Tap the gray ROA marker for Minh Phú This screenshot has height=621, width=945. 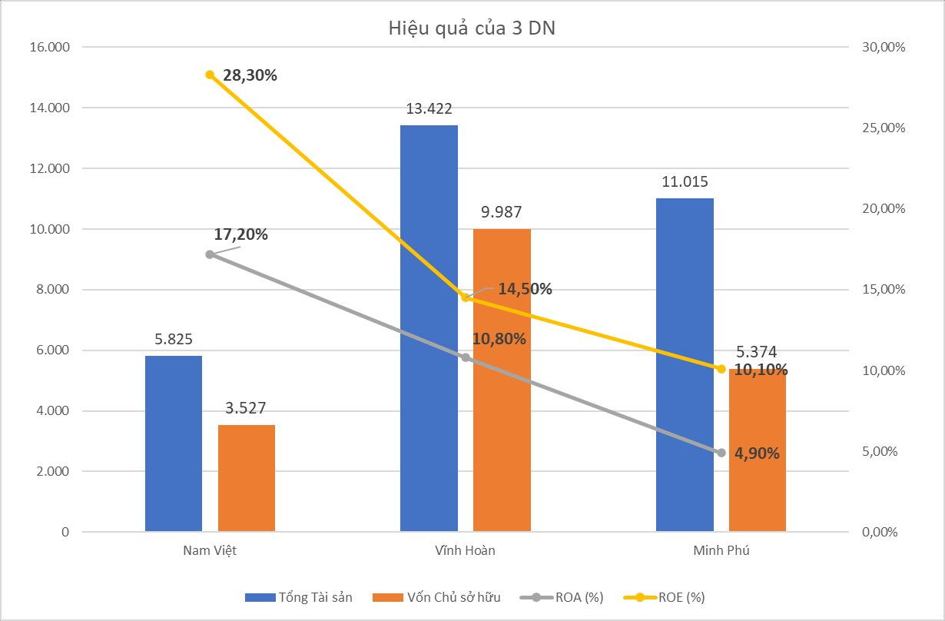(721, 453)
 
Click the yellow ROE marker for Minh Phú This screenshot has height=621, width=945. (721, 369)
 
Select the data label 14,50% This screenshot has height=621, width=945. (525, 290)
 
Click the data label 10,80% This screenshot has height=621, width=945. (499, 338)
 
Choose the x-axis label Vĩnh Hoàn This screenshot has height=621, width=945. (465, 551)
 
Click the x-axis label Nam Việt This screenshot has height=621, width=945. (209, 551)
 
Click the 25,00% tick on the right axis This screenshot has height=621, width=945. (884, 128)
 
